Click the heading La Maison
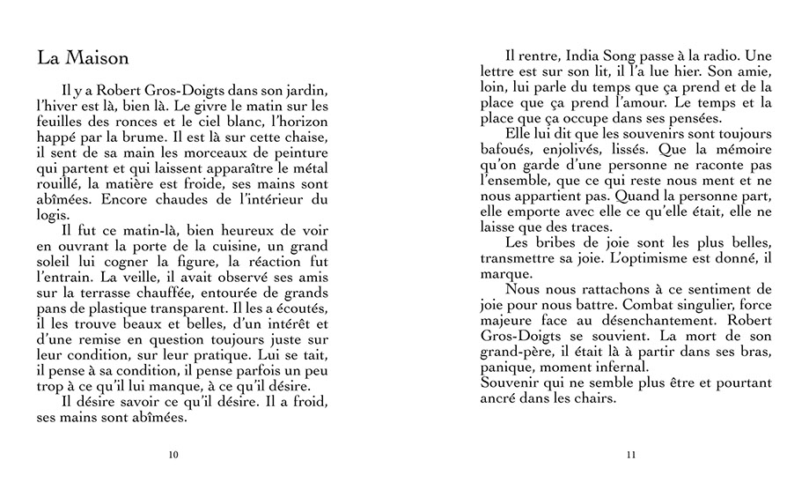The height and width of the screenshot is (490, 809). [x=84, y=58]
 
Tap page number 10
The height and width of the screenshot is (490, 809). [x=173, y=455]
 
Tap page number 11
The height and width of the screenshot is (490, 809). [x=630, y=455]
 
